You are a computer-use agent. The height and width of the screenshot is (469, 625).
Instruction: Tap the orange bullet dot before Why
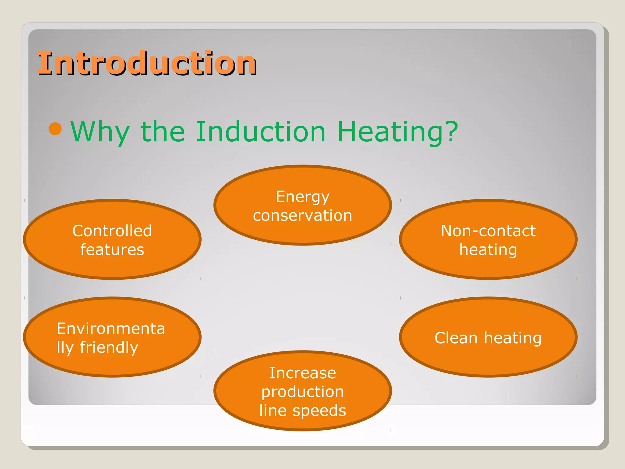point(55,129)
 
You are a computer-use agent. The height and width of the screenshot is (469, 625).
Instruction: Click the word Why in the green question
point(100,132)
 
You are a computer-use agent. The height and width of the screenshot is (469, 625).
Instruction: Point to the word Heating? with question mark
point(398,132)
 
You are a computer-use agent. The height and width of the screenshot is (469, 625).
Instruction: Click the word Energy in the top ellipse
point(302,197)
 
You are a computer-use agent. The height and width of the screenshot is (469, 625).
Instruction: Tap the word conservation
point(302,216)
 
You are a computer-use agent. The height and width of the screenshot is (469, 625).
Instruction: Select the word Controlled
point(112,231)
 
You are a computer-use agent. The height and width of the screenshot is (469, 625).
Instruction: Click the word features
point(112,250)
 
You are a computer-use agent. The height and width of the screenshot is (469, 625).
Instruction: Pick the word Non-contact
point(488,231)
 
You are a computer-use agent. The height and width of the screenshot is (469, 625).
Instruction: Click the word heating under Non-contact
point(488,250)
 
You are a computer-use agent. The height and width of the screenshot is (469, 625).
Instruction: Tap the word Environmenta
point(111,329)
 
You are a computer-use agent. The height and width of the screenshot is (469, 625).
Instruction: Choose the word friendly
point(109,347)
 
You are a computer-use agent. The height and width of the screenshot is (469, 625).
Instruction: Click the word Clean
point(456,338)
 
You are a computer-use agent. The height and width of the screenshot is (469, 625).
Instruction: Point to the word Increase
point(302,373)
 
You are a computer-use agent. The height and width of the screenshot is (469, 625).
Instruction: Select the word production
point(302,392)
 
